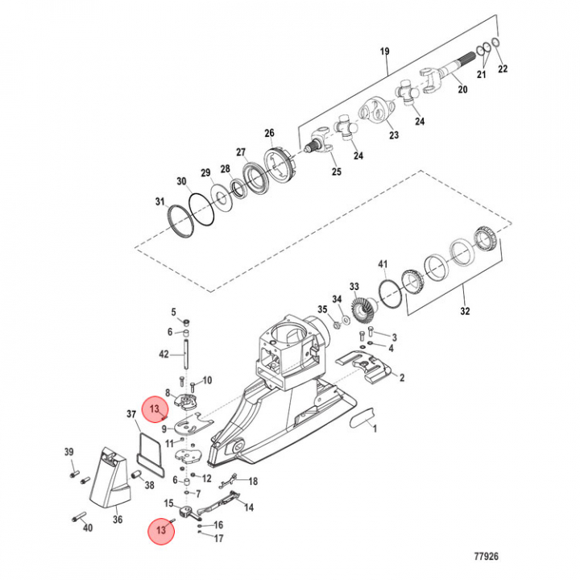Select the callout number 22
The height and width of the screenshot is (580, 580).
click(x=503, y=69)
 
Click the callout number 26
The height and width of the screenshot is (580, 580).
click(x=269, y=133)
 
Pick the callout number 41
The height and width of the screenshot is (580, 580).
click(x=383, y=264)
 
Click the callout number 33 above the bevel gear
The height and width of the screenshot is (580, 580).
click(x=354, y=286)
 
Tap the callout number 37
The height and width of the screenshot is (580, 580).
click(x=131, y=415)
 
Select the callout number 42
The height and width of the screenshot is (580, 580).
click(x=164, y=354)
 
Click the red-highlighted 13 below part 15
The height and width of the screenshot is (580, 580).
click(x=164, y=530)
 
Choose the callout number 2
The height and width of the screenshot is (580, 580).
click(x=402, y=377)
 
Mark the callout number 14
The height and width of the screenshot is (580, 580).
click(x=249, y=507)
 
